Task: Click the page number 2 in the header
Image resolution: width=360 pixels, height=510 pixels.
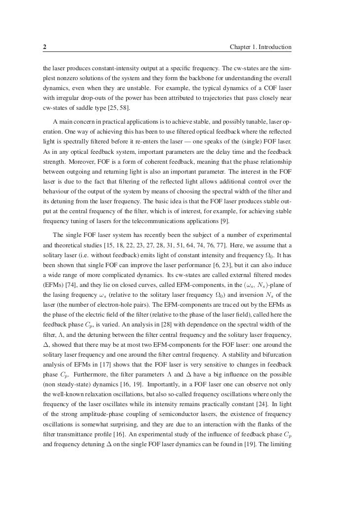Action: pyautogui.click(x=45, y=47)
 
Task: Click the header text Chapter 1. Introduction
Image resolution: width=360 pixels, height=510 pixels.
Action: pyautogui.click(x=261, y=47)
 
